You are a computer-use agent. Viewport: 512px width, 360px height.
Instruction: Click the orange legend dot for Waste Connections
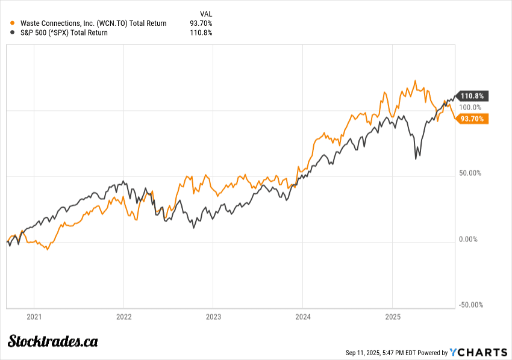coord(13,23)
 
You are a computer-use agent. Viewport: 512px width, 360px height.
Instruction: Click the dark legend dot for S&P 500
coord(13,33)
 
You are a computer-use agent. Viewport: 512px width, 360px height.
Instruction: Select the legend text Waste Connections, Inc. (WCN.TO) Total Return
coord(93,23)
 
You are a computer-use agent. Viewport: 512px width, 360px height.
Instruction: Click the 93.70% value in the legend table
coord(202,23)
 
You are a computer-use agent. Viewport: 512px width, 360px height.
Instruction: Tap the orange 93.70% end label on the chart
coord(473,119)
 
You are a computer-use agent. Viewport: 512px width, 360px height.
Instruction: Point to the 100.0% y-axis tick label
coord(471,107)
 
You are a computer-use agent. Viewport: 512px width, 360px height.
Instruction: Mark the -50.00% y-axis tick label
coord(470,305)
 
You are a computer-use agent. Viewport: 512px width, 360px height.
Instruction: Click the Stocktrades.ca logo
coord(53,341)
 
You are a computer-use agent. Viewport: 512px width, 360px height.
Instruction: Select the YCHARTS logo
coord(478,352)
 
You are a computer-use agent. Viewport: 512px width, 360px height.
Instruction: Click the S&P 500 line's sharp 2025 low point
coord(416,158)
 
